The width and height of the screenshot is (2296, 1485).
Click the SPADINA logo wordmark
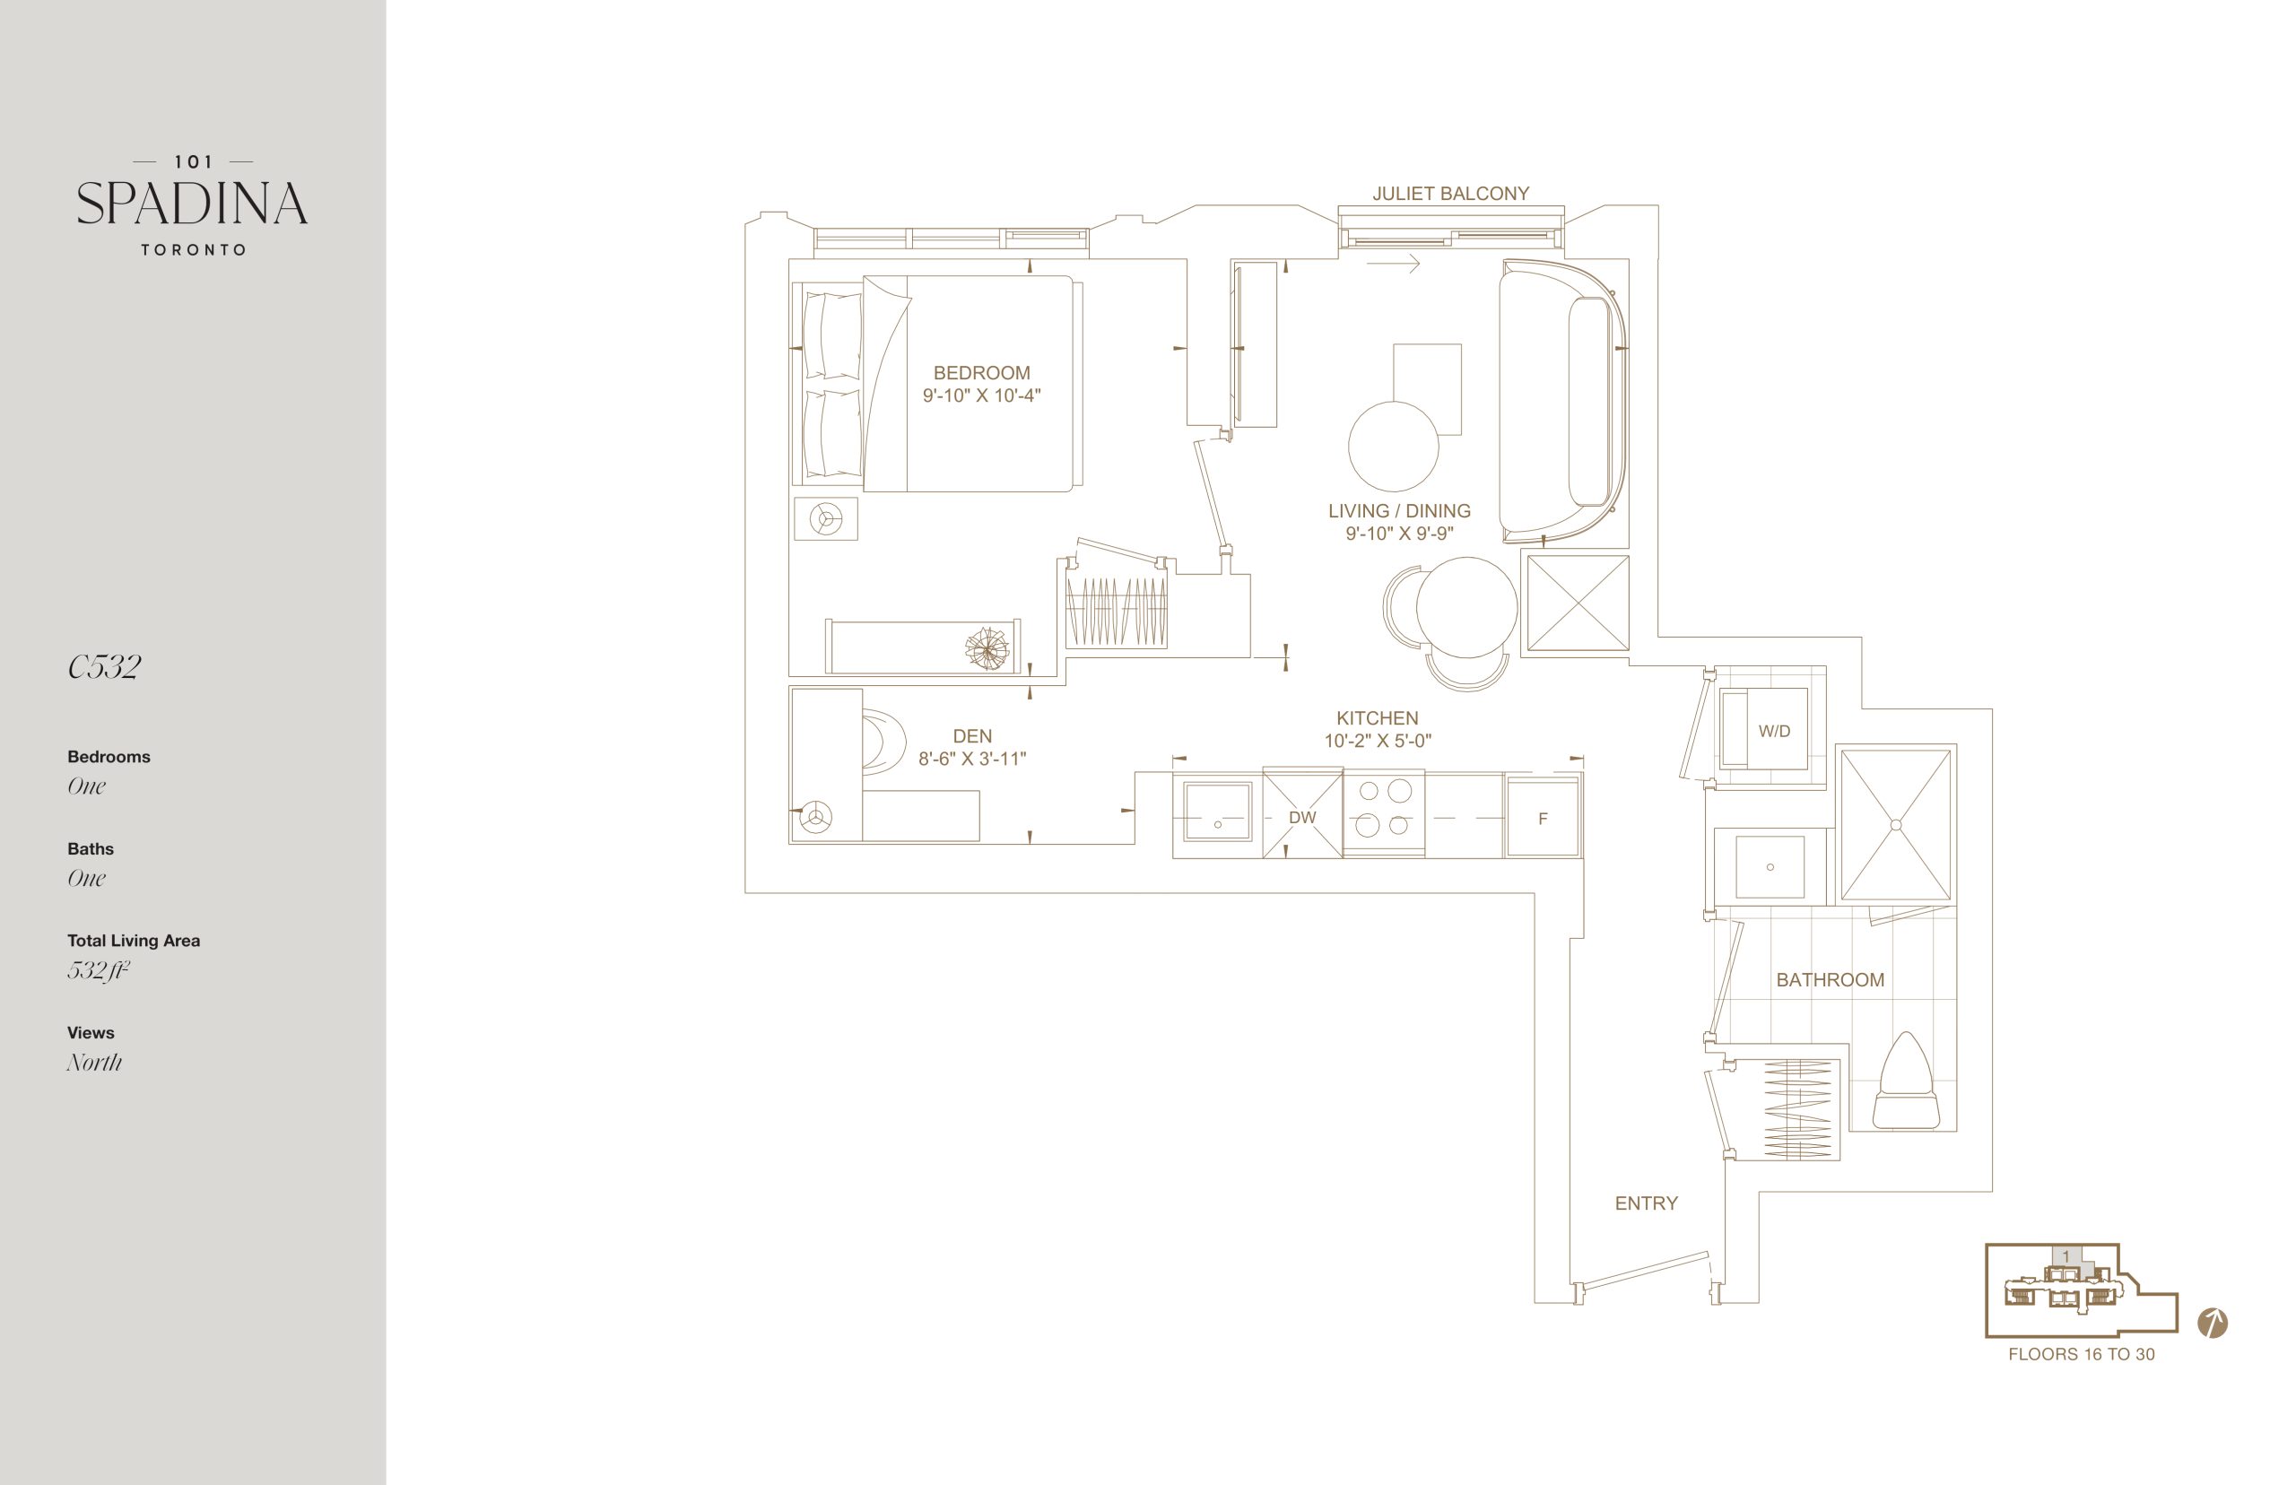(192, 204)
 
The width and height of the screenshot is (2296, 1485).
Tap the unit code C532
(104, 666)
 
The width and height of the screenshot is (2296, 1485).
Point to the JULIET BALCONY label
(1450, 194)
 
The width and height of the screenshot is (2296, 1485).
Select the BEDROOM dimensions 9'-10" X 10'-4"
(982, 395)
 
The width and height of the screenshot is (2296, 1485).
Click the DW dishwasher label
(1301, 818)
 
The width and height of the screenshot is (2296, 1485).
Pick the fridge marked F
(1543, 818)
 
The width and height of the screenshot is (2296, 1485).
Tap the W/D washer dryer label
(1774, 731)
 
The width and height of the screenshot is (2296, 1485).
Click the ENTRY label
(1646, 1203)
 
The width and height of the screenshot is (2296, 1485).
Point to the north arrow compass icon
(2212, 1323)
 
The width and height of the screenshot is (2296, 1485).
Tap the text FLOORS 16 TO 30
(2081, 1354)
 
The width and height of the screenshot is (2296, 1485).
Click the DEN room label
(972, 735)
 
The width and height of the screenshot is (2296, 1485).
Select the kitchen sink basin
(1217, 812)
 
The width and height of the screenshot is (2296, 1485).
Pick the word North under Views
(94, 1062)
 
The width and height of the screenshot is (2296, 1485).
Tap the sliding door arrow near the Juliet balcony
(1394, 262)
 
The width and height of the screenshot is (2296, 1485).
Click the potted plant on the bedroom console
(989, 648)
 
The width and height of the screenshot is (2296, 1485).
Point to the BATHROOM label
(1831, 980)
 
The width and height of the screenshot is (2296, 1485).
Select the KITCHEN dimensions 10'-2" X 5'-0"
(1377, 741)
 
